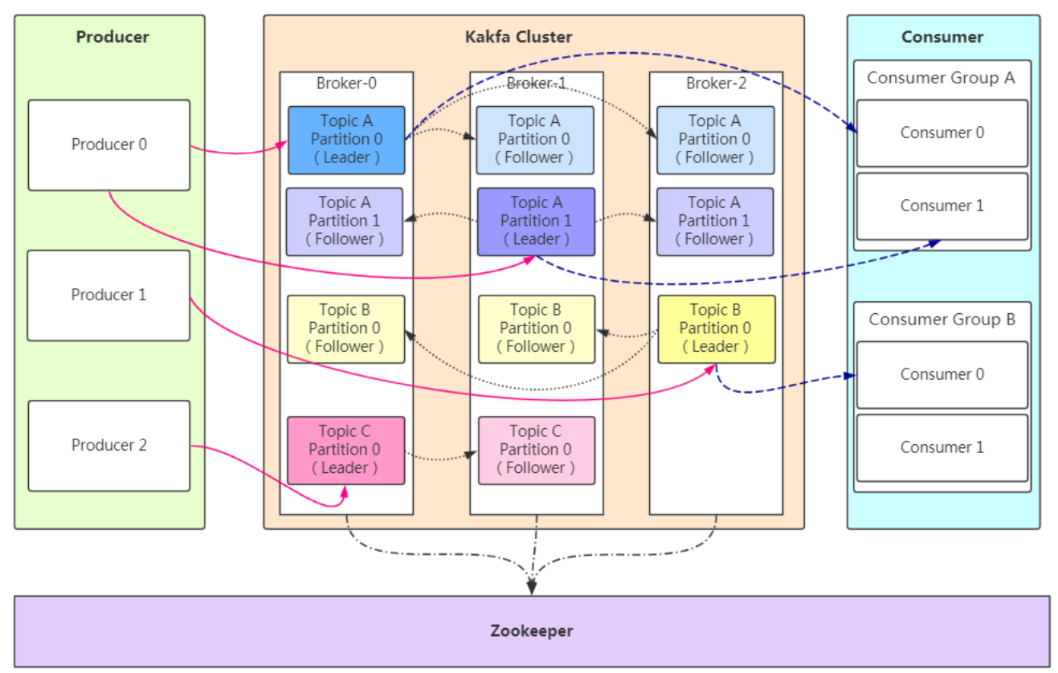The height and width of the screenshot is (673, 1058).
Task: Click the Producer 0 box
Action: coord(109,145)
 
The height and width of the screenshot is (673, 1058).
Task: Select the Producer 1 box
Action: coord(109,295)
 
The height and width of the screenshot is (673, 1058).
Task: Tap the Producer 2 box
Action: coord(109,445)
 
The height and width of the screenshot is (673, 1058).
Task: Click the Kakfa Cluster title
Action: coord(519,37)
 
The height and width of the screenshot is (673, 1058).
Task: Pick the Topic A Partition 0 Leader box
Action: coord(346,140)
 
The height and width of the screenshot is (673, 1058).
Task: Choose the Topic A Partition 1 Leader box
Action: coord(536,222)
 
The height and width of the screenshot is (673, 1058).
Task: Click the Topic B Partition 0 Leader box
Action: coord(716,328)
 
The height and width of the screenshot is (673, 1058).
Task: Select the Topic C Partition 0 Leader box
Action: coord(345,450)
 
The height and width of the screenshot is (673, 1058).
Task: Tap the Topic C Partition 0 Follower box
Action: coord(536,450)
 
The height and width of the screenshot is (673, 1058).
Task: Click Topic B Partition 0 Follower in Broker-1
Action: coord(536,328)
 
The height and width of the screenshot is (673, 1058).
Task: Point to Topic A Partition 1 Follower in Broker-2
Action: coord(715,222)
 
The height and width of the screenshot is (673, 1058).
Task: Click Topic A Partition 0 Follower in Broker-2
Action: coord(715,140)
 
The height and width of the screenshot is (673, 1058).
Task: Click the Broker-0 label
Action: coord(346,84)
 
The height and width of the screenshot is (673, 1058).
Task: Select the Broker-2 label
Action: coord(715,84)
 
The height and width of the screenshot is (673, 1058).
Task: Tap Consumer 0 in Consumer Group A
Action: coord(942,133)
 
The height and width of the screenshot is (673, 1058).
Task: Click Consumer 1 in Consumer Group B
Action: coord(942,447)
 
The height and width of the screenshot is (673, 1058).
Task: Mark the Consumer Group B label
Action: coord(942,320)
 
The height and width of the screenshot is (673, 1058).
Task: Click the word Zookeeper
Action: coord(532,631)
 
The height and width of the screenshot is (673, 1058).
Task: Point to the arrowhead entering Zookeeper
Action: coord(532,589)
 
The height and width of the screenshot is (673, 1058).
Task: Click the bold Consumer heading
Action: coord(942,37)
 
